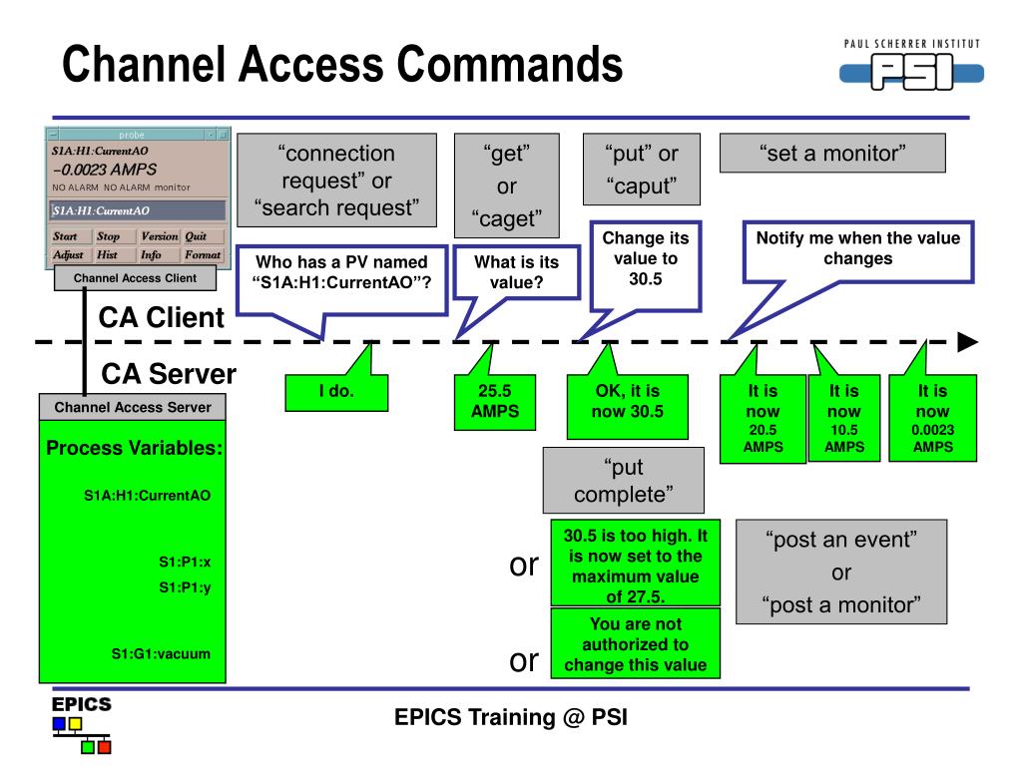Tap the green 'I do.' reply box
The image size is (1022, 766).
click(x=336, y=392)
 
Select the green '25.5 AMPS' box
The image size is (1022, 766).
click(x=487, y=402)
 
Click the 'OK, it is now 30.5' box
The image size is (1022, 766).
click(x=613, y=405)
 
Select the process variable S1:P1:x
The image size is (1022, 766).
click(x=184, y=563)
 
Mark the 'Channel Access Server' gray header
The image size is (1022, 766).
click(x=133, y=407)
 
